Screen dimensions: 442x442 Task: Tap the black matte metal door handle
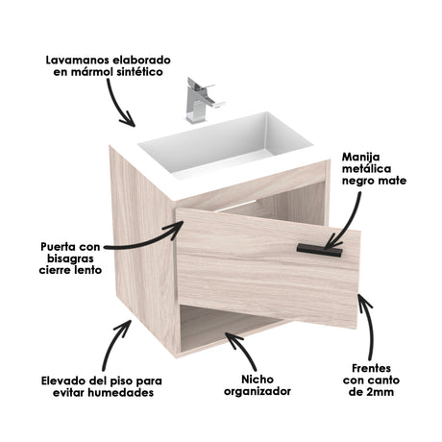point(319,250)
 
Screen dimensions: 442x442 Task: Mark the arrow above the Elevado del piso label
point(117,342)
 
